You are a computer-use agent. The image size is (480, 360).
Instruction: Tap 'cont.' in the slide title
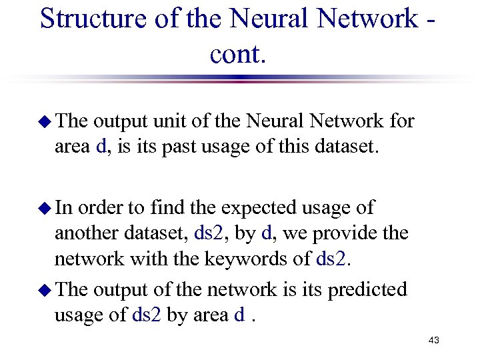(x=238, y=53)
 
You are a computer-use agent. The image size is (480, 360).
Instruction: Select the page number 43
(x=434, y=341)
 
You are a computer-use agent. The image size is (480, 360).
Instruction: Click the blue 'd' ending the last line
(x=239, y=314)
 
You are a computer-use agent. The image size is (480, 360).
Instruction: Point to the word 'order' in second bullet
(x=102, y=208)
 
